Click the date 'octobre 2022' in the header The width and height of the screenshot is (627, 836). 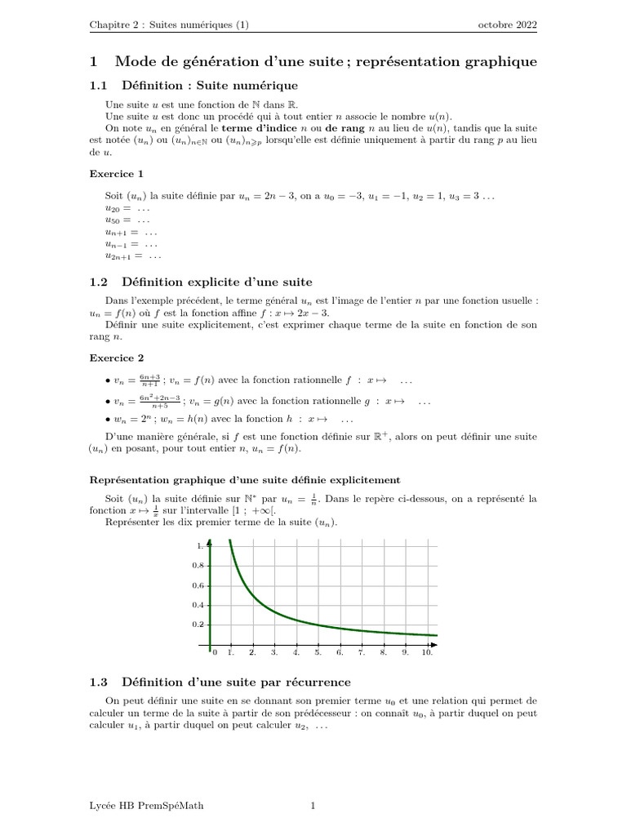507,25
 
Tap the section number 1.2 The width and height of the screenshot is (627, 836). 99,282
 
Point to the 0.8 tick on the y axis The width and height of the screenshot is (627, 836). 197,565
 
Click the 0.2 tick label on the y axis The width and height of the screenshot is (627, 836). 197,625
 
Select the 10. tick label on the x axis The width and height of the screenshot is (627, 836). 427,653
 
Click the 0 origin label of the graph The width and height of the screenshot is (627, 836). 215,653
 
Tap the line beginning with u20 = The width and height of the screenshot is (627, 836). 127,209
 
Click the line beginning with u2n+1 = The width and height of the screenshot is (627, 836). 133,256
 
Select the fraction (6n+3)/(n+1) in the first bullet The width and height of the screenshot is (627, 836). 149,380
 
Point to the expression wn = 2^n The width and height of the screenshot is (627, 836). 133,418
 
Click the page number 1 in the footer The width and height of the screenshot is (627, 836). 313,806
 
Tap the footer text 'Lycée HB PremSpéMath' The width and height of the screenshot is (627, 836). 147,806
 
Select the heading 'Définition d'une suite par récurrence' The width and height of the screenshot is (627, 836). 236,682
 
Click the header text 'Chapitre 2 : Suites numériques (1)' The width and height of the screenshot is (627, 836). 169,25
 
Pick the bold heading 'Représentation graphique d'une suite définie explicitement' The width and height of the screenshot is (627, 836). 245,479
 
